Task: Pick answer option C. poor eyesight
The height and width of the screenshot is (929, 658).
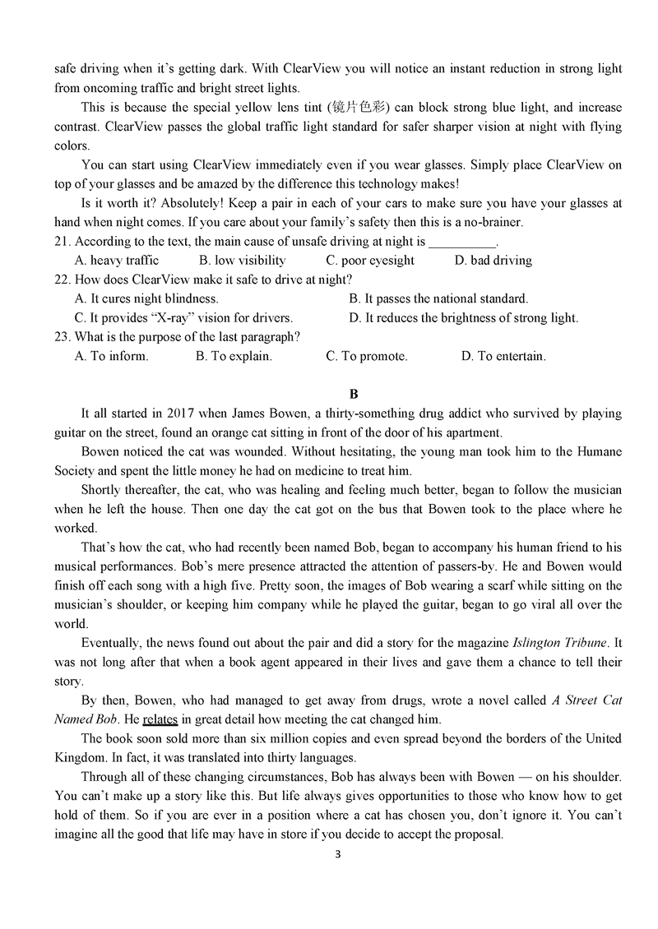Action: click(370, 261)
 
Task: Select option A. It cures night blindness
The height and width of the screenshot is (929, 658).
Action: click(146, 299)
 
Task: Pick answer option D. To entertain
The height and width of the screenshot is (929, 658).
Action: click(503, 357)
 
